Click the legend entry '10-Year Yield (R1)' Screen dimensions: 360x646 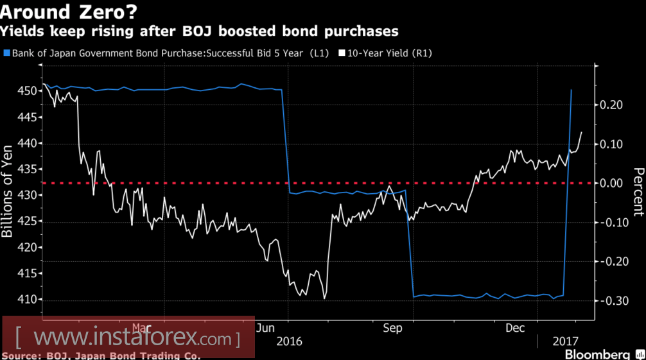click(388, 54)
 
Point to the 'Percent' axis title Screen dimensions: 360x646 click(638, 191)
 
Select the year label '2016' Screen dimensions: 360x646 click(288, 341)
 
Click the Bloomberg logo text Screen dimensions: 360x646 click(597, 354)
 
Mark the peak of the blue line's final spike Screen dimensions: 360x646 click(572, 90)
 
